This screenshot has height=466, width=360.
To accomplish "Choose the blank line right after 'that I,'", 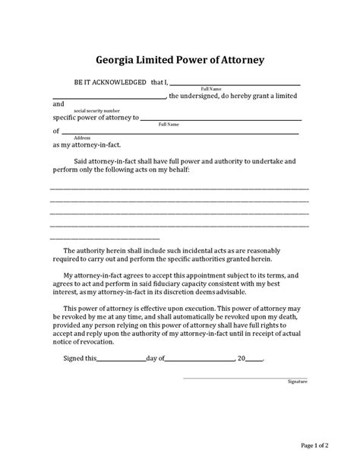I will point(238,84).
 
